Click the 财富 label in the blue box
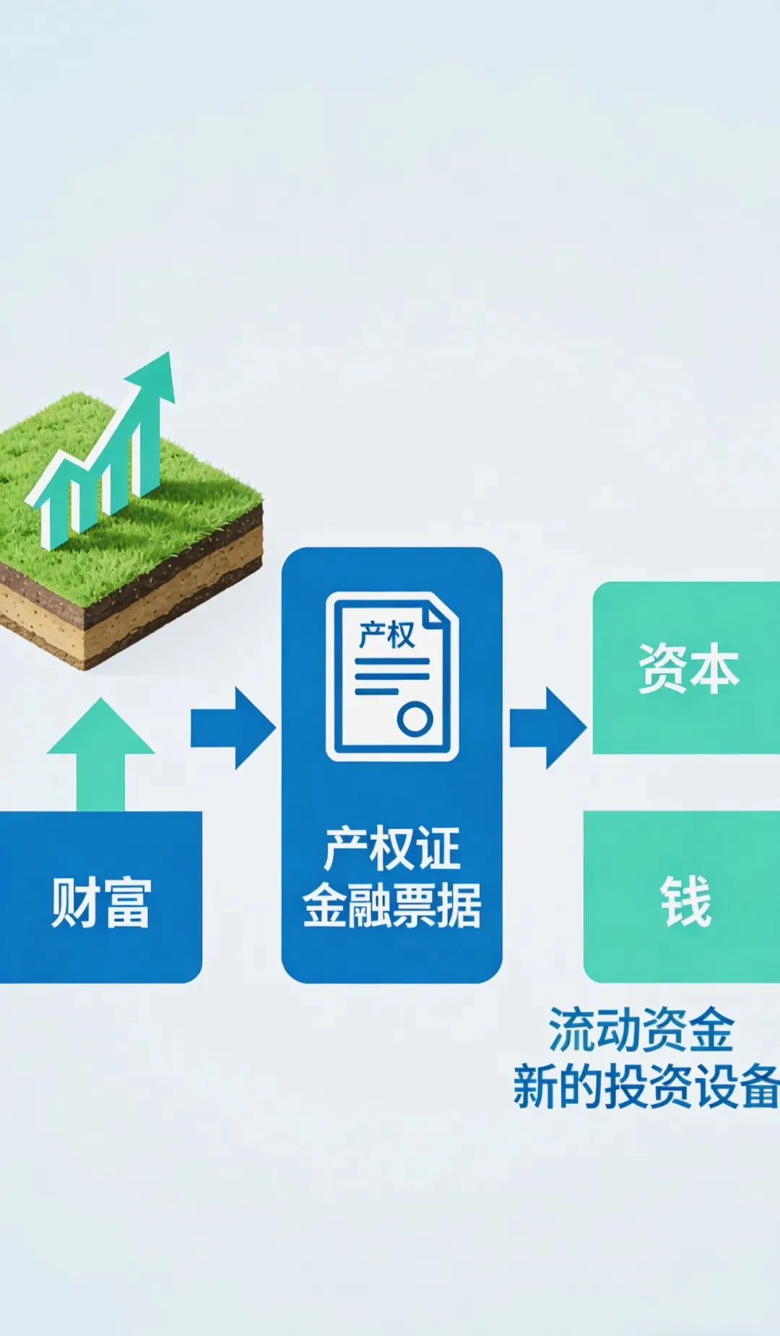tap(100, 902)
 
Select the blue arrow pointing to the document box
tap(233, 728)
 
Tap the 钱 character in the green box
tap(685, 901)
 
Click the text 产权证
tap(391, 850)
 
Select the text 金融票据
tap(391, 905)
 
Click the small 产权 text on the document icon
tap(386, 636)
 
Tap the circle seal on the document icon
tap(415, 719)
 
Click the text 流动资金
tap(641, 1030)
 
